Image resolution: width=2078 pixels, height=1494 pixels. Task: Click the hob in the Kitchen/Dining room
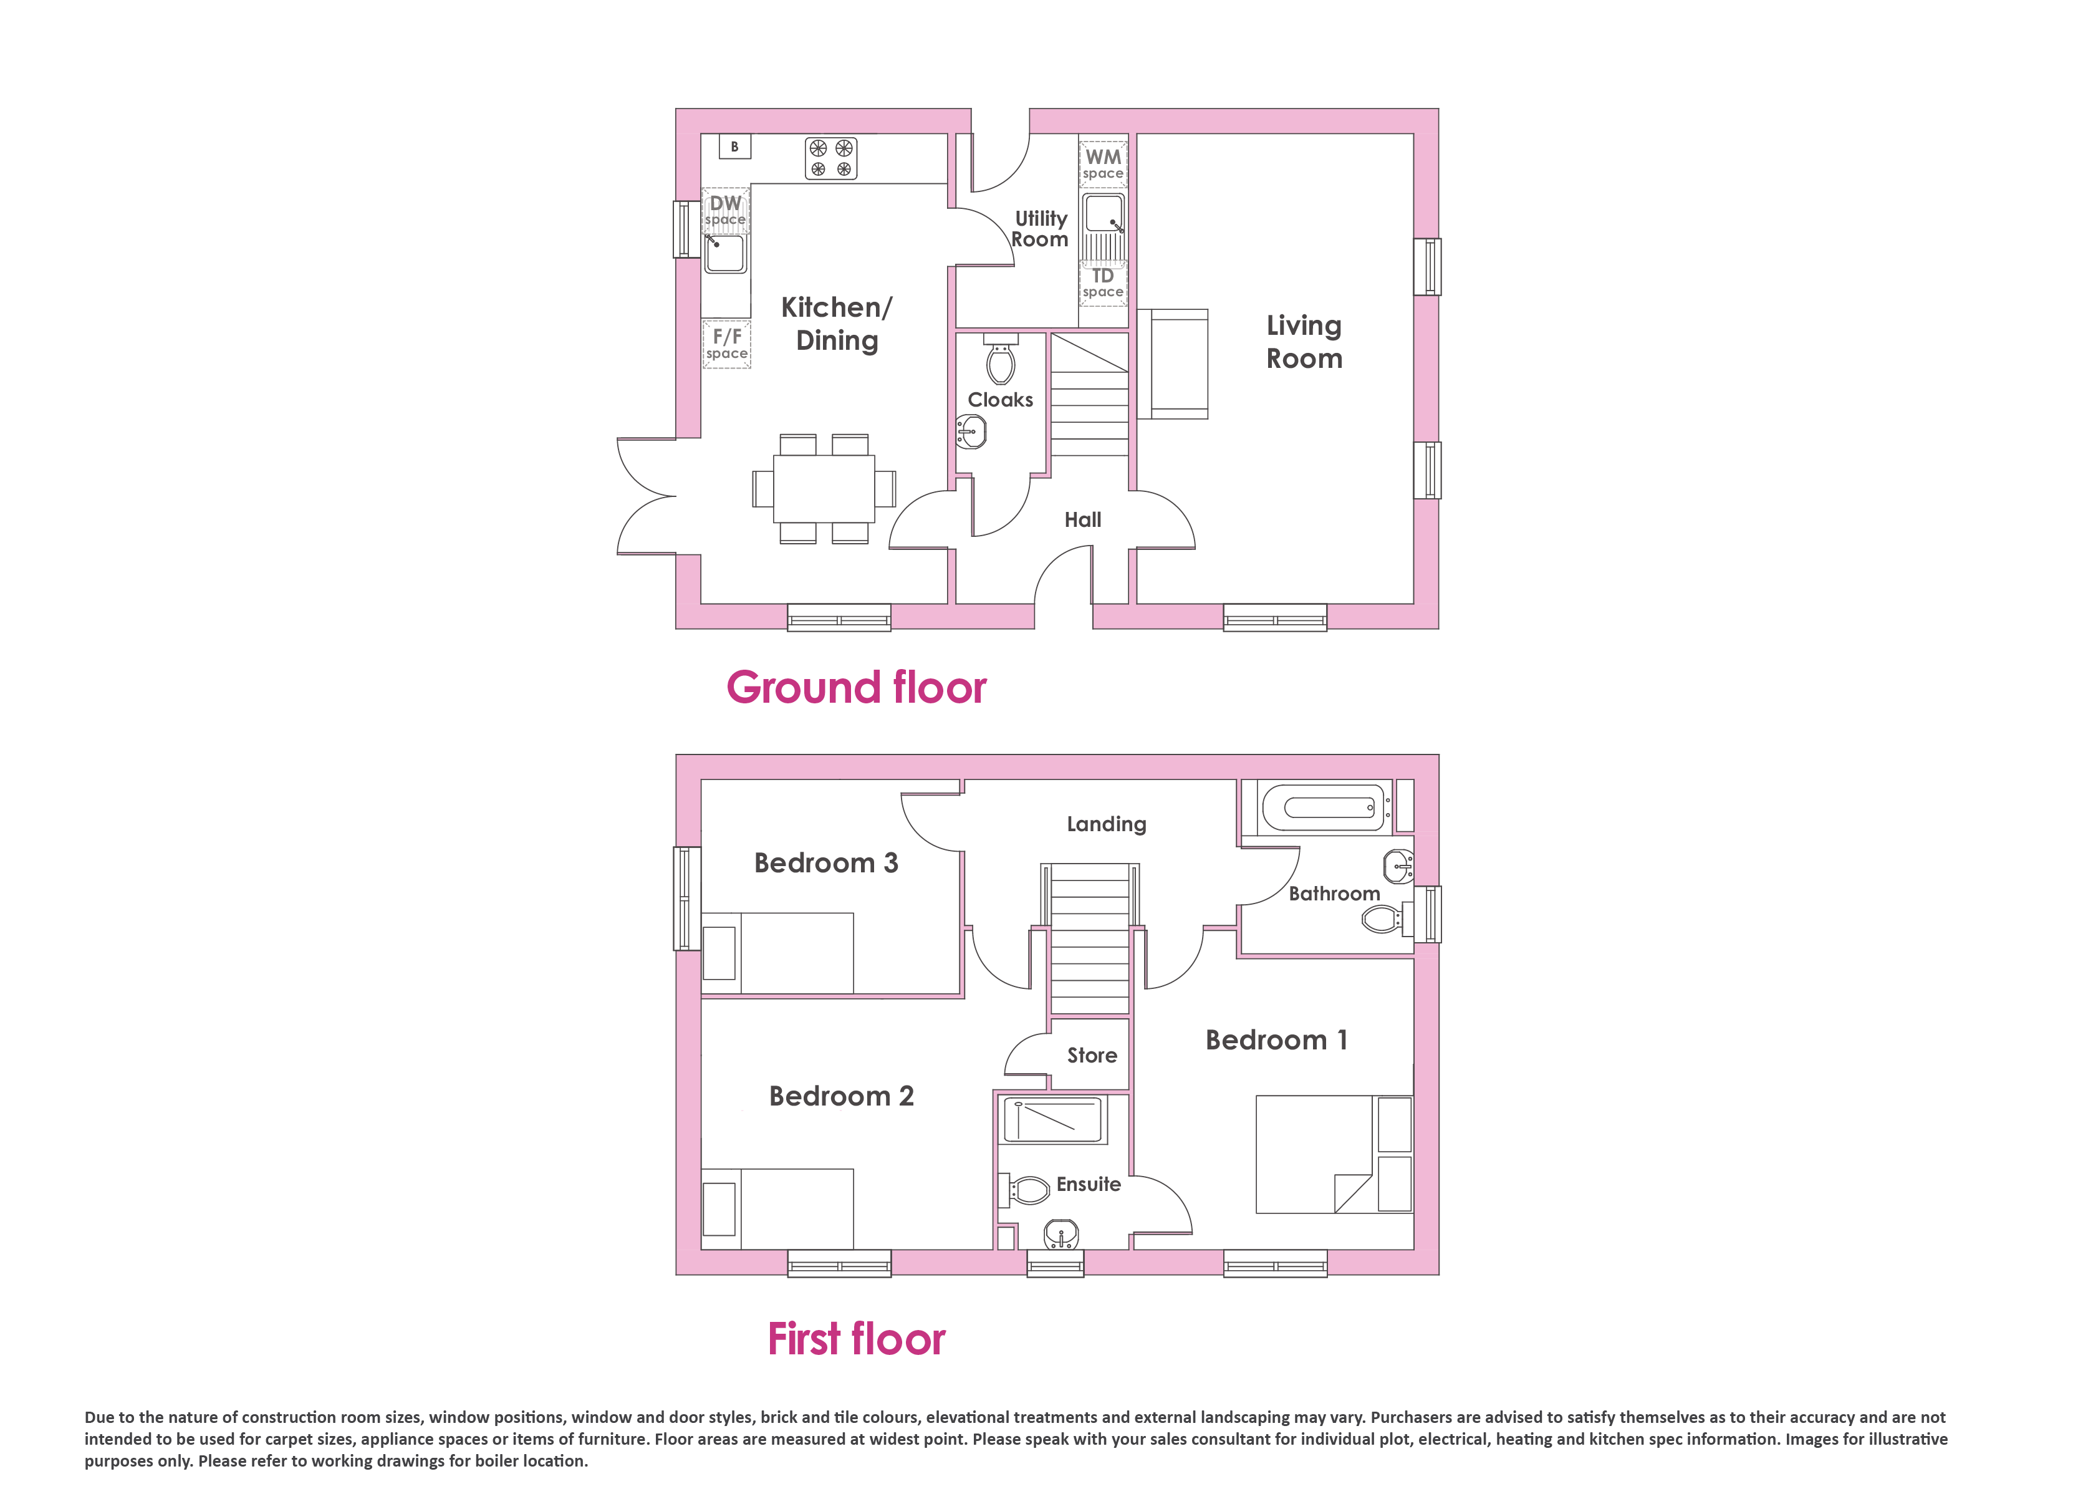pyautogui.click(x=831, y=158)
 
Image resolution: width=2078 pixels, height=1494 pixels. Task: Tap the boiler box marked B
pyautogui.click(x=735, y=147)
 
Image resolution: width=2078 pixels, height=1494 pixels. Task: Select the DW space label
pyautogui.click(x=726, y=210)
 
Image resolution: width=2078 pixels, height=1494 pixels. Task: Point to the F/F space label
pyautogui.click(x=728, y=344)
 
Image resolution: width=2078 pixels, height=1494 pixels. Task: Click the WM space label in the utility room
pyautogui.click(x=1103, y=164)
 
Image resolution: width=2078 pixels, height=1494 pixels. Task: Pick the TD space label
pyautogui.click(x=1103, y=282)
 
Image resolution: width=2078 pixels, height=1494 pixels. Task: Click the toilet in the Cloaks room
pyautogui.click(x=1001, y=359)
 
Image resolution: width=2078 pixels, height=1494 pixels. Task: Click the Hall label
pyautogui.click(x=1083, y=519)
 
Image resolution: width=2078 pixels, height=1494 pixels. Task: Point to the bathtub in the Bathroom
pyautogui.click(x=1325, y=807)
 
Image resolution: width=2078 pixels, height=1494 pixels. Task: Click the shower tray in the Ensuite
pyautogui.click(x=1054, y=1120)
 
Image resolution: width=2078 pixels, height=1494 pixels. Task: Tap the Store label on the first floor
pyautogui.click(x=1092, y=1055)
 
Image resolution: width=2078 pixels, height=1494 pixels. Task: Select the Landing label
pyautogui.click(x=1107, y=824)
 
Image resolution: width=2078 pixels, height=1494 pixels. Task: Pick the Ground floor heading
pyautogui.click(x=857, y=687)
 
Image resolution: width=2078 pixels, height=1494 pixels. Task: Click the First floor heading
pyautogui.click(x=857, y=1339)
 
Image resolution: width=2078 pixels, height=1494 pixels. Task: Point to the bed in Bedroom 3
pyautogui.click(x=778, y=953)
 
